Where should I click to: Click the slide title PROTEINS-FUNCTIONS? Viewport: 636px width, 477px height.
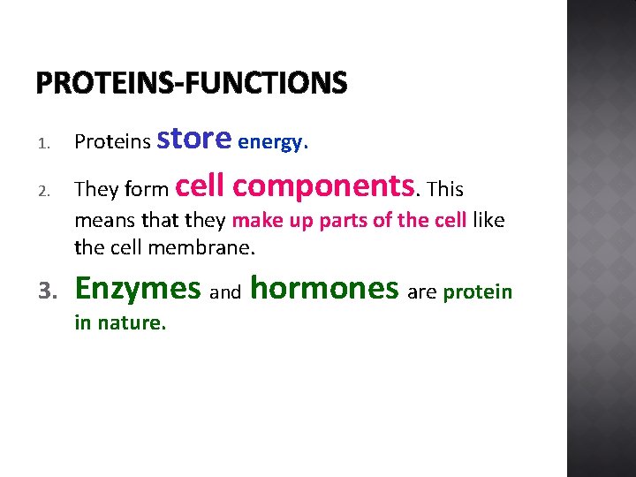tap(192, 83)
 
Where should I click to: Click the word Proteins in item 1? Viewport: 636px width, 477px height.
tap(111, 142)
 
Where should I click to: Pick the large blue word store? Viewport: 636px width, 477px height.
tap(193, 138)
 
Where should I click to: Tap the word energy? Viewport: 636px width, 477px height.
tap(273, 142)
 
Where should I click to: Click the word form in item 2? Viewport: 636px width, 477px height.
tap(148, 190)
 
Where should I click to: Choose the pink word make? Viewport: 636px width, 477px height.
tap(254, 220)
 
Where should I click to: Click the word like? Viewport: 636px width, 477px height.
tap(488, 220)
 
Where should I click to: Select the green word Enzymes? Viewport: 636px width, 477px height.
tap(138, 289)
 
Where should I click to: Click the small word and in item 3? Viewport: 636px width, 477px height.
tap(225, 292)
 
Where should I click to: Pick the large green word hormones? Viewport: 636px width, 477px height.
tap(325, 288)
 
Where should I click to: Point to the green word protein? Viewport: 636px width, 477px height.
tap(477, 292)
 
